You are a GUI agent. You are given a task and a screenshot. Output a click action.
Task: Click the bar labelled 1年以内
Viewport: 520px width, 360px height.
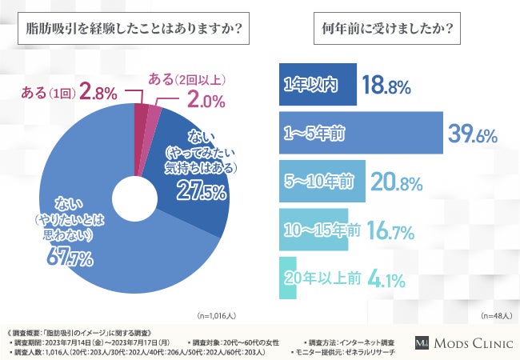[x=317, y=86]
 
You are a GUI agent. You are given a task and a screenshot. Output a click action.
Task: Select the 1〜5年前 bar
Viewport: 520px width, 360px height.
[x=359, y=133]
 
